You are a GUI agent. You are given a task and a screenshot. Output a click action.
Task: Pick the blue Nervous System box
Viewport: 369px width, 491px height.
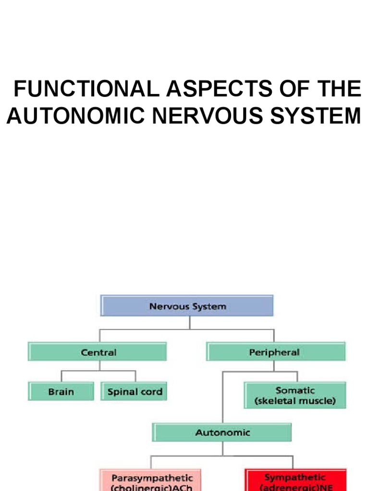(x=187, y=306)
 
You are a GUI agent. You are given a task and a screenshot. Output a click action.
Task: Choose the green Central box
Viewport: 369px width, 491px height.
(x=98, y=352)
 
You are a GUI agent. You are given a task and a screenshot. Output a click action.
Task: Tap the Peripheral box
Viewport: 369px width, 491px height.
(x=275, y=352)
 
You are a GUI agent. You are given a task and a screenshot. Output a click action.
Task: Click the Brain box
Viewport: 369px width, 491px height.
(x=61, y=391)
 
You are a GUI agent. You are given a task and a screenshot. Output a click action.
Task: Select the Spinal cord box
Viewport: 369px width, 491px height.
(x=135, y=391)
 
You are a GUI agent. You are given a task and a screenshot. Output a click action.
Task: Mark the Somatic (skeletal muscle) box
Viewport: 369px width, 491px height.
(x=295, y=395)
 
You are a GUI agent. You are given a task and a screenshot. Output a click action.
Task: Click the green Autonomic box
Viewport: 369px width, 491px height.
(x=222, y=433)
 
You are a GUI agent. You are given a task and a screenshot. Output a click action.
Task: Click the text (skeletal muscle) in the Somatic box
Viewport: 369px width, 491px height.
(x=295, y=401)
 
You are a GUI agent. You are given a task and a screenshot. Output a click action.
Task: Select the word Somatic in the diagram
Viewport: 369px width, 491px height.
(x=295, y=390)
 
